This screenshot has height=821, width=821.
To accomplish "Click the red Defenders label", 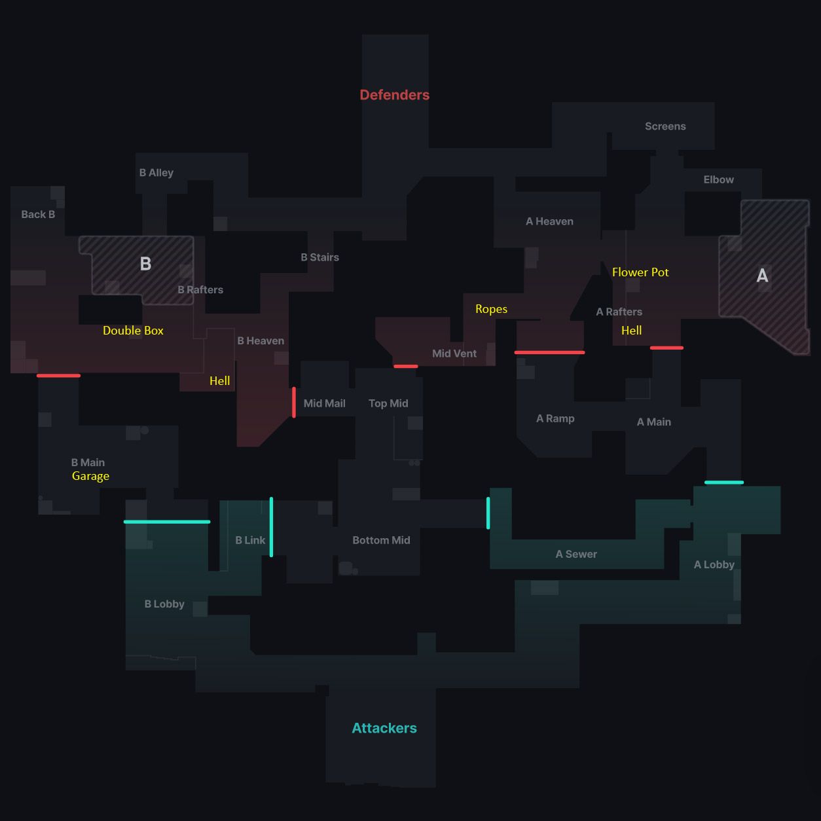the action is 394,95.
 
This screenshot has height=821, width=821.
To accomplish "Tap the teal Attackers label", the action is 384,728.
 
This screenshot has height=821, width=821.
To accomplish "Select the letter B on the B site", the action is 145,264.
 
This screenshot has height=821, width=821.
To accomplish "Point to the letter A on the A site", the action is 762,276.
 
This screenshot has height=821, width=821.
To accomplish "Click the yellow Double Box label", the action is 133,331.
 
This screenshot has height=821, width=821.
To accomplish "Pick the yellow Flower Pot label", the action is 640,272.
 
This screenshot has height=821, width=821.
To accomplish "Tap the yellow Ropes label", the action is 491,309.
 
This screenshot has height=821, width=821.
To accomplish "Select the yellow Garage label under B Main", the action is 90,476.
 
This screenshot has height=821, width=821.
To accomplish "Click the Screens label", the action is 665,126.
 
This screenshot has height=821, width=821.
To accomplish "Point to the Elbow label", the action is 718,179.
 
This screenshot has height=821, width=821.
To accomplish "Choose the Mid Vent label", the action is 454,354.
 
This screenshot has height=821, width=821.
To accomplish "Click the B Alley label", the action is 156,173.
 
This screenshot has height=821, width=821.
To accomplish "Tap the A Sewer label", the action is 576,554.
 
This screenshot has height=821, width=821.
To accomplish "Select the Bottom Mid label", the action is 381,540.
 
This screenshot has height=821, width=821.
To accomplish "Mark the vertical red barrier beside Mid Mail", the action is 294,402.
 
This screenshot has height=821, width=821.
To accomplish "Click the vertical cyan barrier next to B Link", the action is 271,527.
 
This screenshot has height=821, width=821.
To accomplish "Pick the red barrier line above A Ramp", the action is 549,352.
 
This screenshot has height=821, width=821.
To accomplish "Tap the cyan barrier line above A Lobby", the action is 724,483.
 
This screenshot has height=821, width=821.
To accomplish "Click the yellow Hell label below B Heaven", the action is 219,381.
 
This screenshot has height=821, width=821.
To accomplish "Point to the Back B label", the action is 38,214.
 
